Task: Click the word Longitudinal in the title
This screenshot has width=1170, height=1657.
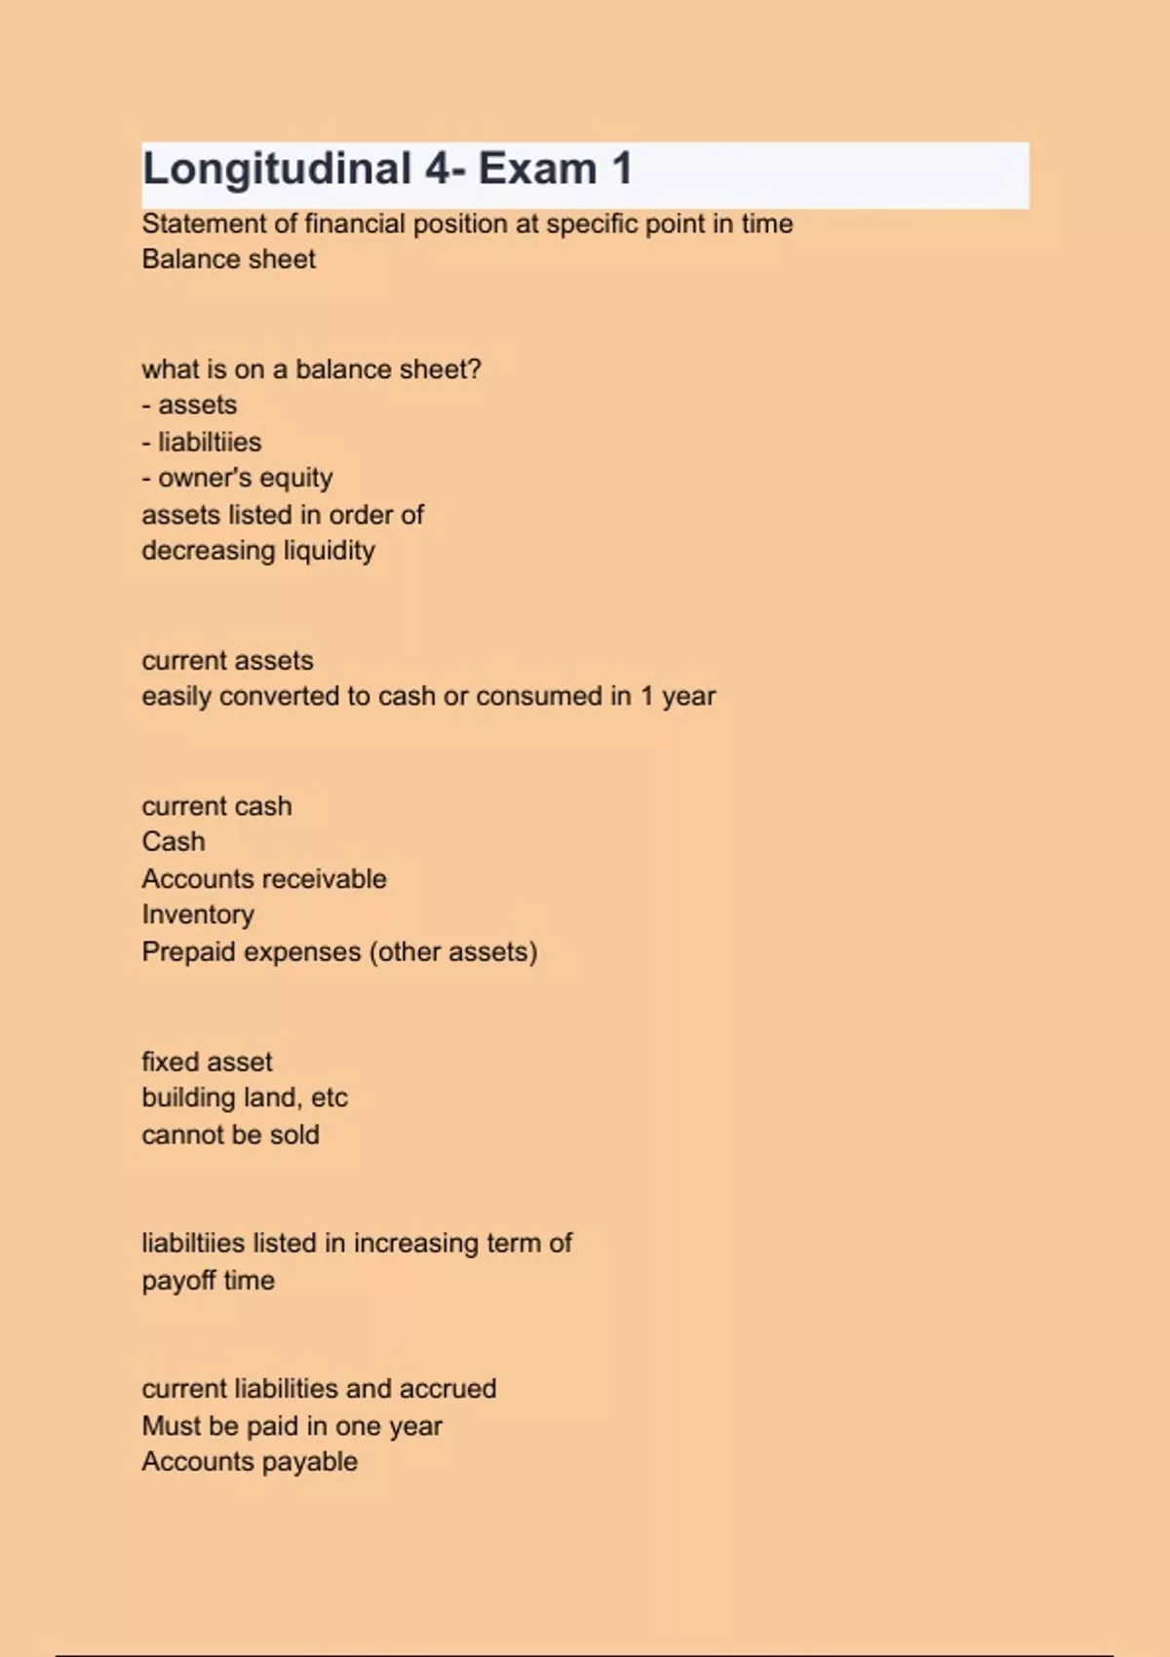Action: point(277,170)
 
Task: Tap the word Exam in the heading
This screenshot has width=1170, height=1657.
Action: point(537,170)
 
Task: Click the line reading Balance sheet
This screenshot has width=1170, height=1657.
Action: point(228,259)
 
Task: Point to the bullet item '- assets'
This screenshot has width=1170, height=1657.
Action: point(189,405)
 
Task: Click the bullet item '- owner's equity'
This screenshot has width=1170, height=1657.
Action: point(237,479)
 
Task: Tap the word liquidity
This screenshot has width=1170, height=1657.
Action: point(329,552)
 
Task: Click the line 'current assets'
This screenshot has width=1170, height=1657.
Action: point(227,661)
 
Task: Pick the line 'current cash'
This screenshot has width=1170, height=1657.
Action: point(216,807)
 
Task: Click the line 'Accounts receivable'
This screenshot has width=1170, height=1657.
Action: point(263,879)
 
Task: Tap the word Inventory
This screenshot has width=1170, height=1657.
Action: point(198,915)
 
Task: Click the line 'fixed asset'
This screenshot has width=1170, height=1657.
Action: point(207,1062)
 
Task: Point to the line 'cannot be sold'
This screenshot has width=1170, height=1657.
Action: point(230,1136)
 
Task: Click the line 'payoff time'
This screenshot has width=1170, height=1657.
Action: point(208,1281)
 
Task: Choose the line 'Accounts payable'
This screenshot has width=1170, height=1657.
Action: point(250,1462)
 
